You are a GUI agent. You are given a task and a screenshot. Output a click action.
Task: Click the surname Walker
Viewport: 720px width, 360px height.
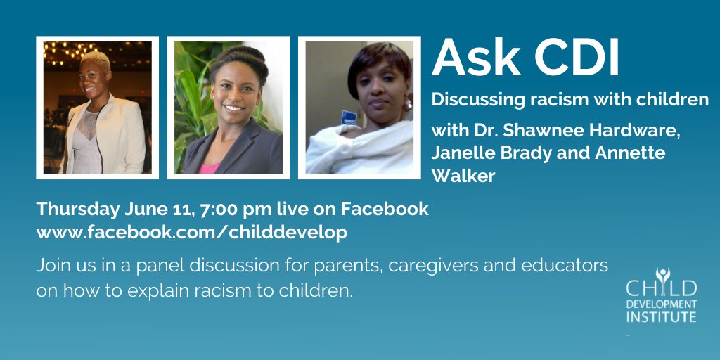pyautogui.click(x=463, y=176)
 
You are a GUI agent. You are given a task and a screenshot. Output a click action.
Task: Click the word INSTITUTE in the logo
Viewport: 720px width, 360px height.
pyautogui.click(x=661, y=318)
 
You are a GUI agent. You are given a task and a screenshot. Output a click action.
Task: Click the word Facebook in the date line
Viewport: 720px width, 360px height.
pyautogui.click(x=385, y=210)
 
